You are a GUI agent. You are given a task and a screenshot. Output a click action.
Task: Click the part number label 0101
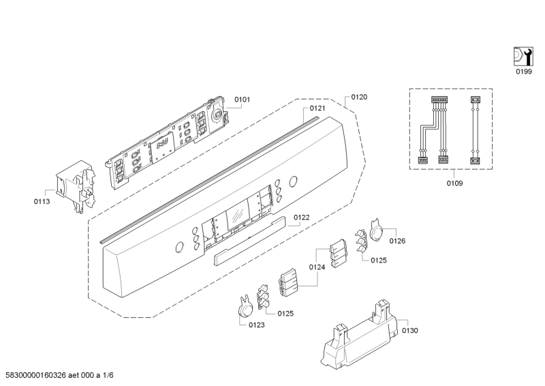coord(242,100)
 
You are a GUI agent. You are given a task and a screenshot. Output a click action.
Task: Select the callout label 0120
coord(359,97)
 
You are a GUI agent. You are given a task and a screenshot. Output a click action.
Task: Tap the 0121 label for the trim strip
coord(317,108)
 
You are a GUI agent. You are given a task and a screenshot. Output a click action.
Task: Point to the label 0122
coord(301,218)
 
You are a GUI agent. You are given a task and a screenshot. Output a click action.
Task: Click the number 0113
coord(42,202)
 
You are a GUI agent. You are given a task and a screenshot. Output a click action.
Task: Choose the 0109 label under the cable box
coord(454,183)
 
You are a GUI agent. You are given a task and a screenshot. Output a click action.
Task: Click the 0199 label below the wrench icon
coord(523,72)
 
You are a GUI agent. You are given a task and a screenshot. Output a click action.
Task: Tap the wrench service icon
coord(523,57)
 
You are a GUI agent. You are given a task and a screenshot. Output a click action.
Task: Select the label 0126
coord(397,241)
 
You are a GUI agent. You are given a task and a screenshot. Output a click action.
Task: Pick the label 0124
coord(317,267)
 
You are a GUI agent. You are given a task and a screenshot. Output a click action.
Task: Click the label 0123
coord(257,325)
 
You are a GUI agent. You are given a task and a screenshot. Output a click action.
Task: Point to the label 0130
coord(410,331)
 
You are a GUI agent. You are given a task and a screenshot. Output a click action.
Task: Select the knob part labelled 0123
coord(246,306)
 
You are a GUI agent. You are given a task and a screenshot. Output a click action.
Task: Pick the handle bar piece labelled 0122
coord(250,241)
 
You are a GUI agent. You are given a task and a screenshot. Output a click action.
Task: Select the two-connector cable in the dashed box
coord(475,130)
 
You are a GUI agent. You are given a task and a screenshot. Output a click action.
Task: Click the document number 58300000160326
coord(36,376)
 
